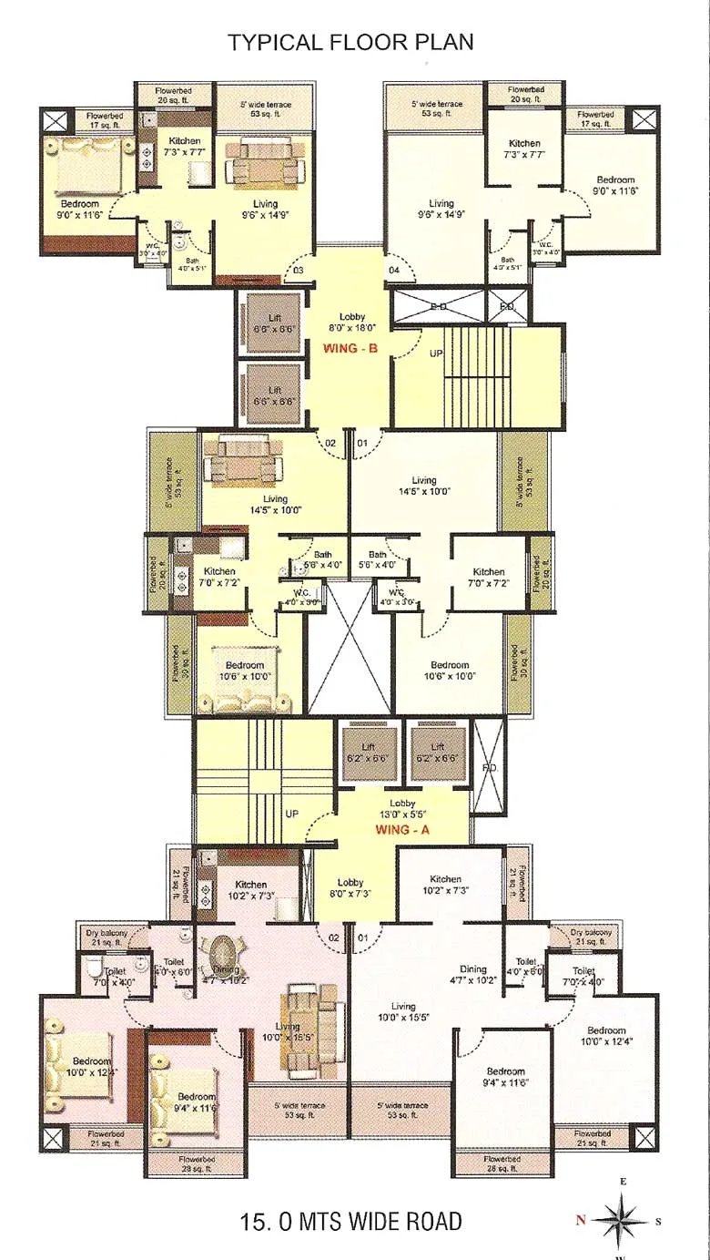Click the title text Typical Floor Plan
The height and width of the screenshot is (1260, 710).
(x=350, y=42)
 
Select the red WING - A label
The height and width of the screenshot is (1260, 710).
(x=402, y=830)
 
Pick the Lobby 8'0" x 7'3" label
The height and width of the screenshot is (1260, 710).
(x=350, y=888)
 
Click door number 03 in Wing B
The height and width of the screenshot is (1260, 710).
(x=297, y=271)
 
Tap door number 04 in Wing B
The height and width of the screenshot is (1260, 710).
(x=394, y=271)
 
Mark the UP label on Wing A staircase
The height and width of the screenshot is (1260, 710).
(x=292, y=812)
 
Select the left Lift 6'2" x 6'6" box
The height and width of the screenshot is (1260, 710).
(x=368, y=752)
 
